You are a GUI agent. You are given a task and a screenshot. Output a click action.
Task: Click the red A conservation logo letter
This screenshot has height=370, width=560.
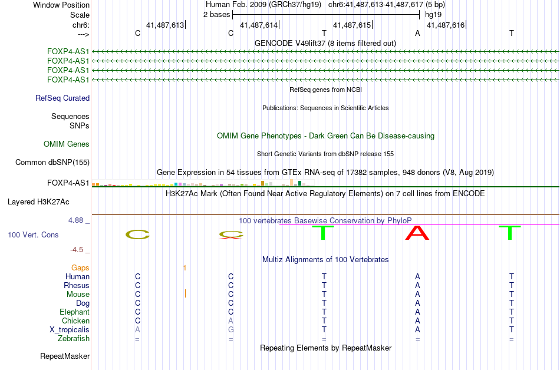coord(417,234)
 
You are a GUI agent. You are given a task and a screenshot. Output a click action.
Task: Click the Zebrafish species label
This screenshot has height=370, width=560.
coord(74,339)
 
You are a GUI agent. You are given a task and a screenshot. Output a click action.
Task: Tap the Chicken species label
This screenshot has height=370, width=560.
coord(75,321)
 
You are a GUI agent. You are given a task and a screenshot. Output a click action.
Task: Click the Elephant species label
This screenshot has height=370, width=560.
coord(74,312)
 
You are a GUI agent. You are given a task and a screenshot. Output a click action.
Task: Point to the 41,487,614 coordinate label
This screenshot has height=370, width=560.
coord(259,25)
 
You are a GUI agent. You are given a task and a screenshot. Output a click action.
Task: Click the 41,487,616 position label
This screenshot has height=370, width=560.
coord(445,25)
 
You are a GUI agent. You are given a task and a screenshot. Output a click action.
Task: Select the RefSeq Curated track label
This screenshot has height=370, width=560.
coord(62,98)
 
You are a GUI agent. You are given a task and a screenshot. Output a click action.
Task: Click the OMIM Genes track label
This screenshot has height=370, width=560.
coord(67,144)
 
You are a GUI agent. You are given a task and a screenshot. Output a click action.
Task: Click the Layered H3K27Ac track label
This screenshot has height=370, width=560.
coord(38,202)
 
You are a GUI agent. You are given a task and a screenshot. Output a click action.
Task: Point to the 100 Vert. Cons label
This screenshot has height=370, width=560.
coord(34,235)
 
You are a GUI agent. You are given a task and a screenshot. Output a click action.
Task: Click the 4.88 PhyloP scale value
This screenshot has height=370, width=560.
coord(77,220)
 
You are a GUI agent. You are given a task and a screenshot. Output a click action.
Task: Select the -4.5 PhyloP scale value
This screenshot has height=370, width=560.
coord(80,249)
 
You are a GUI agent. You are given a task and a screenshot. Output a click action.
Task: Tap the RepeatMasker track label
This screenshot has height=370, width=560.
coord(65,356)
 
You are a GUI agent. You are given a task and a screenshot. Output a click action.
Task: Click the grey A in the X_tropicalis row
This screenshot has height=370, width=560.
coord(137,330)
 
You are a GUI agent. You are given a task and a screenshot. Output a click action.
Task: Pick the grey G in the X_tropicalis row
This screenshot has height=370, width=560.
coord(231,330)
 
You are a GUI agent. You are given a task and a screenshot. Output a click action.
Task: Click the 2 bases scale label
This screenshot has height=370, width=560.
coord(216,14)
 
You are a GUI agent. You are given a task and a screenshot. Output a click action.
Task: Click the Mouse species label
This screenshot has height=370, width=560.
coord(78,295)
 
